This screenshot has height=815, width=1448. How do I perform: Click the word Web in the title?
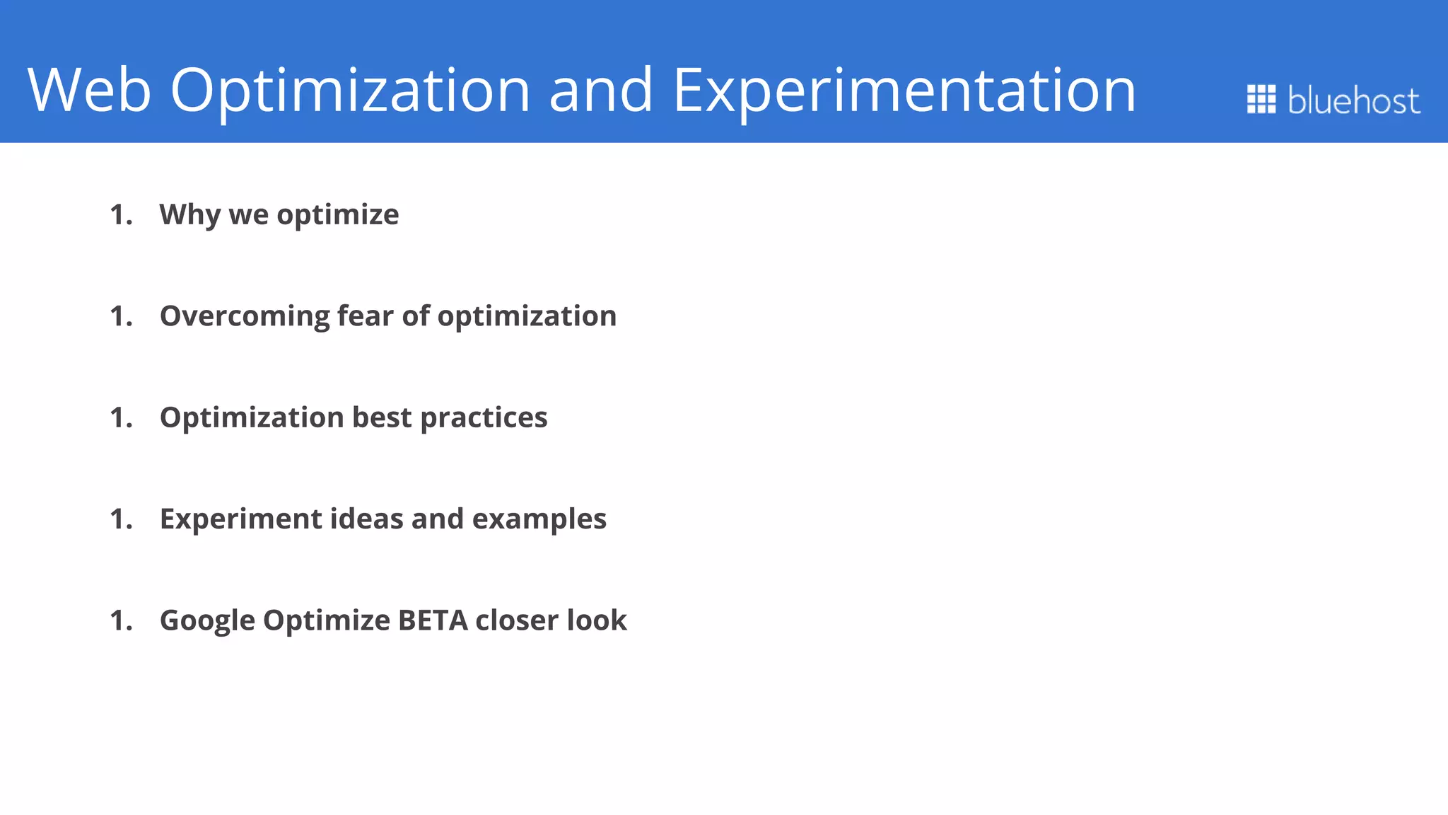click(89, 90)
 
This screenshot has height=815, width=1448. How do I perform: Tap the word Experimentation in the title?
click(904, 90)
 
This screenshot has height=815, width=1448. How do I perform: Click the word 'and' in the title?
click(600, 90)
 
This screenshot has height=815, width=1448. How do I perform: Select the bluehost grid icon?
click(1261, 99)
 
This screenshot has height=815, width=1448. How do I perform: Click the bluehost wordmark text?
click(1353, 100)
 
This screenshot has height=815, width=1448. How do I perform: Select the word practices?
click(484, 418)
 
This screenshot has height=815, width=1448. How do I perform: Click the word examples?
click(539, 519)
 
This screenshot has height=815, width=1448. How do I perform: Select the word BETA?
click(433, 620)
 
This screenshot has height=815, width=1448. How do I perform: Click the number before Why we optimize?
click(121, 215)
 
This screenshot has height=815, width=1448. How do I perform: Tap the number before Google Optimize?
click(121, 620)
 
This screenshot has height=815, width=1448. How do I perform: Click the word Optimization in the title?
click(350, 90)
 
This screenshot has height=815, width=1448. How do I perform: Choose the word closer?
click(517, 620)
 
